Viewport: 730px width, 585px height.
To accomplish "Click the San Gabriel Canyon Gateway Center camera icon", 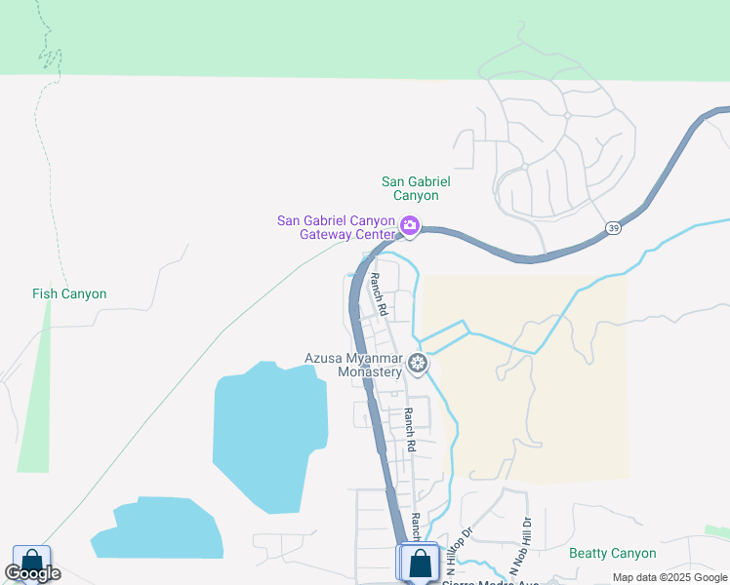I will (x=410, y=226).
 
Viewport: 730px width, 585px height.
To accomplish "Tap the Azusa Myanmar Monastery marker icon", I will (x=418, y=365).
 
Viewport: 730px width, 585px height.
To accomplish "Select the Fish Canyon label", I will (x=69, y=293).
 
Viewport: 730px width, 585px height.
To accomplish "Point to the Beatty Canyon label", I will (x=613, y=553).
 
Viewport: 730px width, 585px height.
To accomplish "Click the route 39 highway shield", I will (x=613, y=228).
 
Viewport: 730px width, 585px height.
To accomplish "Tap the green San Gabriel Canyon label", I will (x=417, y=188).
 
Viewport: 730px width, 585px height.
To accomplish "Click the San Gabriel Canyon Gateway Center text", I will (x=337, y=227).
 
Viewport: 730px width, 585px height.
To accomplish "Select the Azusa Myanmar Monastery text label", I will (x=353, y=365).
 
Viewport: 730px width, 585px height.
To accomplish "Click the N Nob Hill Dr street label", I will (x=519, y=545).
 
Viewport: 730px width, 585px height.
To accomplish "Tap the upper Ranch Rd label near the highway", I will (x=379, y=295).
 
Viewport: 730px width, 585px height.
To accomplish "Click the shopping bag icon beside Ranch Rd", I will (x=420, y=563).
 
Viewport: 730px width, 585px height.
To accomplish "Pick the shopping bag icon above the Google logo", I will (x=31, y=560).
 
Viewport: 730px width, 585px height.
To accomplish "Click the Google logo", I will (x=32, y=574).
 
